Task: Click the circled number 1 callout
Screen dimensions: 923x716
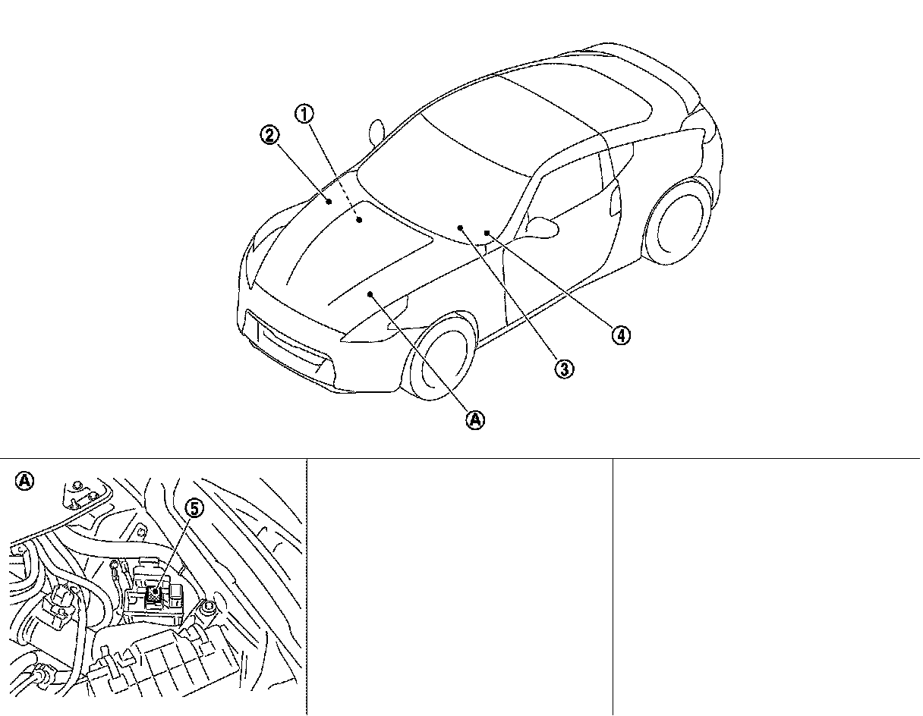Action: [304, 115]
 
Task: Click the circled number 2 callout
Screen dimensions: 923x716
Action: [269, 136]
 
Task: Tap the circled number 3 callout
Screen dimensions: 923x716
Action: [563, 369]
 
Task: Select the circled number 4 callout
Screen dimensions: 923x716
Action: [621, 334]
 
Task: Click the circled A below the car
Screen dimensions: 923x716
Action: [475, 419]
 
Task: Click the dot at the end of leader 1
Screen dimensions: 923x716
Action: [359, 219]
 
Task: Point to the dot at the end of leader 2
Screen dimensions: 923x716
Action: [329, 201]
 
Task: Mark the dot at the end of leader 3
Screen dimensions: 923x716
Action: [460, 227]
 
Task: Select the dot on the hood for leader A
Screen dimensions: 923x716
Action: [370, 293]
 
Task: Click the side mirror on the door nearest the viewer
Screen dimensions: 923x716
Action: [540, 225]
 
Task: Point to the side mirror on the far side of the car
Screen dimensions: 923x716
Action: [377, 131]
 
